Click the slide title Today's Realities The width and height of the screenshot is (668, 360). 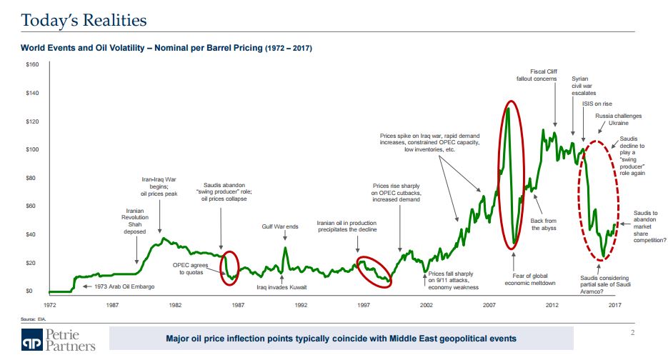(x=84, y=20)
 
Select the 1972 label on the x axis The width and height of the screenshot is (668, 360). (x=50, y=304)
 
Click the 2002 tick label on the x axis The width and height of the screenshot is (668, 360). (x=427, y=304)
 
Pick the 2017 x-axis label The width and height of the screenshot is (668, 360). (x=614, y=304)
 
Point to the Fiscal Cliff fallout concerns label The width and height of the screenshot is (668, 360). (x=537, y=75)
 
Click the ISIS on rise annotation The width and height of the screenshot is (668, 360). (x=597, y=104)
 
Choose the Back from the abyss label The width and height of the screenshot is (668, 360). (x=544, y=224)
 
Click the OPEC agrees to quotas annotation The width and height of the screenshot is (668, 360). (x=191, y=268)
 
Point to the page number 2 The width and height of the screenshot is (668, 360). (x=633, y=331)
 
